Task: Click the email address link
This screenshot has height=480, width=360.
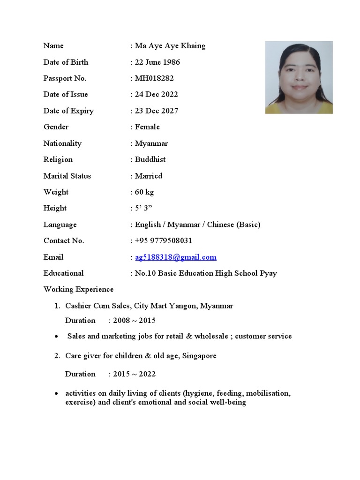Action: click(176, 257)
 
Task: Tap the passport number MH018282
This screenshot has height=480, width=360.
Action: click(154, 78)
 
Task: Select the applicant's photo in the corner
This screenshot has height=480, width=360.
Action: click(299, 77)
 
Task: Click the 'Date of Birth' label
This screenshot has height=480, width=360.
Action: click(66, 62)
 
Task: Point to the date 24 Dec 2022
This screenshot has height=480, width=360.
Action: click(157, 95)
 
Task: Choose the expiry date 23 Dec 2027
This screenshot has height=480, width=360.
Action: click(157, 111)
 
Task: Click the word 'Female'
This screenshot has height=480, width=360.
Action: click(147, 127)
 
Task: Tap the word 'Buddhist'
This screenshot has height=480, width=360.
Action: click(150, 159)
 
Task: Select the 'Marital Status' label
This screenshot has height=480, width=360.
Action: click(67, 176)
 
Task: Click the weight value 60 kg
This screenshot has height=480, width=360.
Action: click(144, 192)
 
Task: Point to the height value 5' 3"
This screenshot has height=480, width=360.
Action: click(143, 208)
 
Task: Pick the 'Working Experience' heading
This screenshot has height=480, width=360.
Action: click(78, 290)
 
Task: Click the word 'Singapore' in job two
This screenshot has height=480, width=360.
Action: click(200, 356)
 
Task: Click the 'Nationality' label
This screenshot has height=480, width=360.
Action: click(62, 143)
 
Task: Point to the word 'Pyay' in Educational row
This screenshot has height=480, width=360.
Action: click(268, 273)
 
